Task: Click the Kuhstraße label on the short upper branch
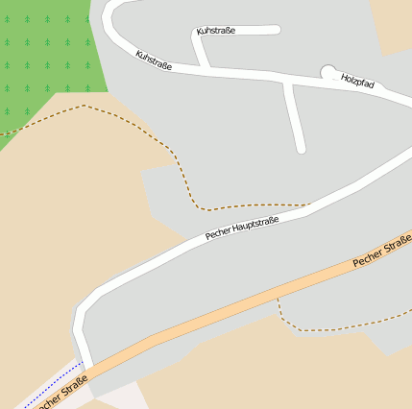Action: pos(216,31)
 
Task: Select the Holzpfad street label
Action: pos(357,83)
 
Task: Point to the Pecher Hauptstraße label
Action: pos(242,229)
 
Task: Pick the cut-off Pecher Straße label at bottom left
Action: pos(62,391)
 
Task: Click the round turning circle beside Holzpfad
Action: pos(328,72)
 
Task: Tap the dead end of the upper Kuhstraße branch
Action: pos(277,30)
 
